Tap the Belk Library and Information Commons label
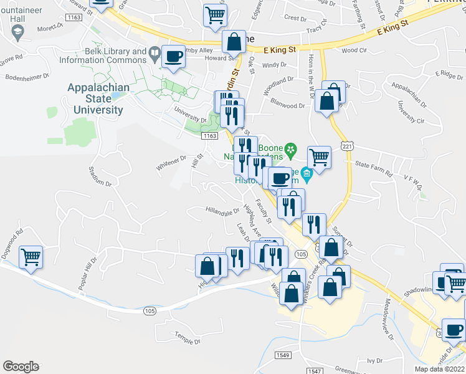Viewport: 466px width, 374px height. pyautogui.click(x=103, y=55)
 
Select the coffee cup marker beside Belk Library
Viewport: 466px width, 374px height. pyautogui.click(x=173, y=57)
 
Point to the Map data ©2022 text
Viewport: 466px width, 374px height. pyautogui.click(x=439, y=369)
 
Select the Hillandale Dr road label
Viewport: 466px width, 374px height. pyautogui.click(x=222, y=214)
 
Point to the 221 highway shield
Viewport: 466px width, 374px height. pyautogui.click(x=347, y=145)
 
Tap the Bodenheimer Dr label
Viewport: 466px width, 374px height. pyautogui.click(x=27, y=79)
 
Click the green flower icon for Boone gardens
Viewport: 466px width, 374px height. pyautogui.click(x=290, y=150)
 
